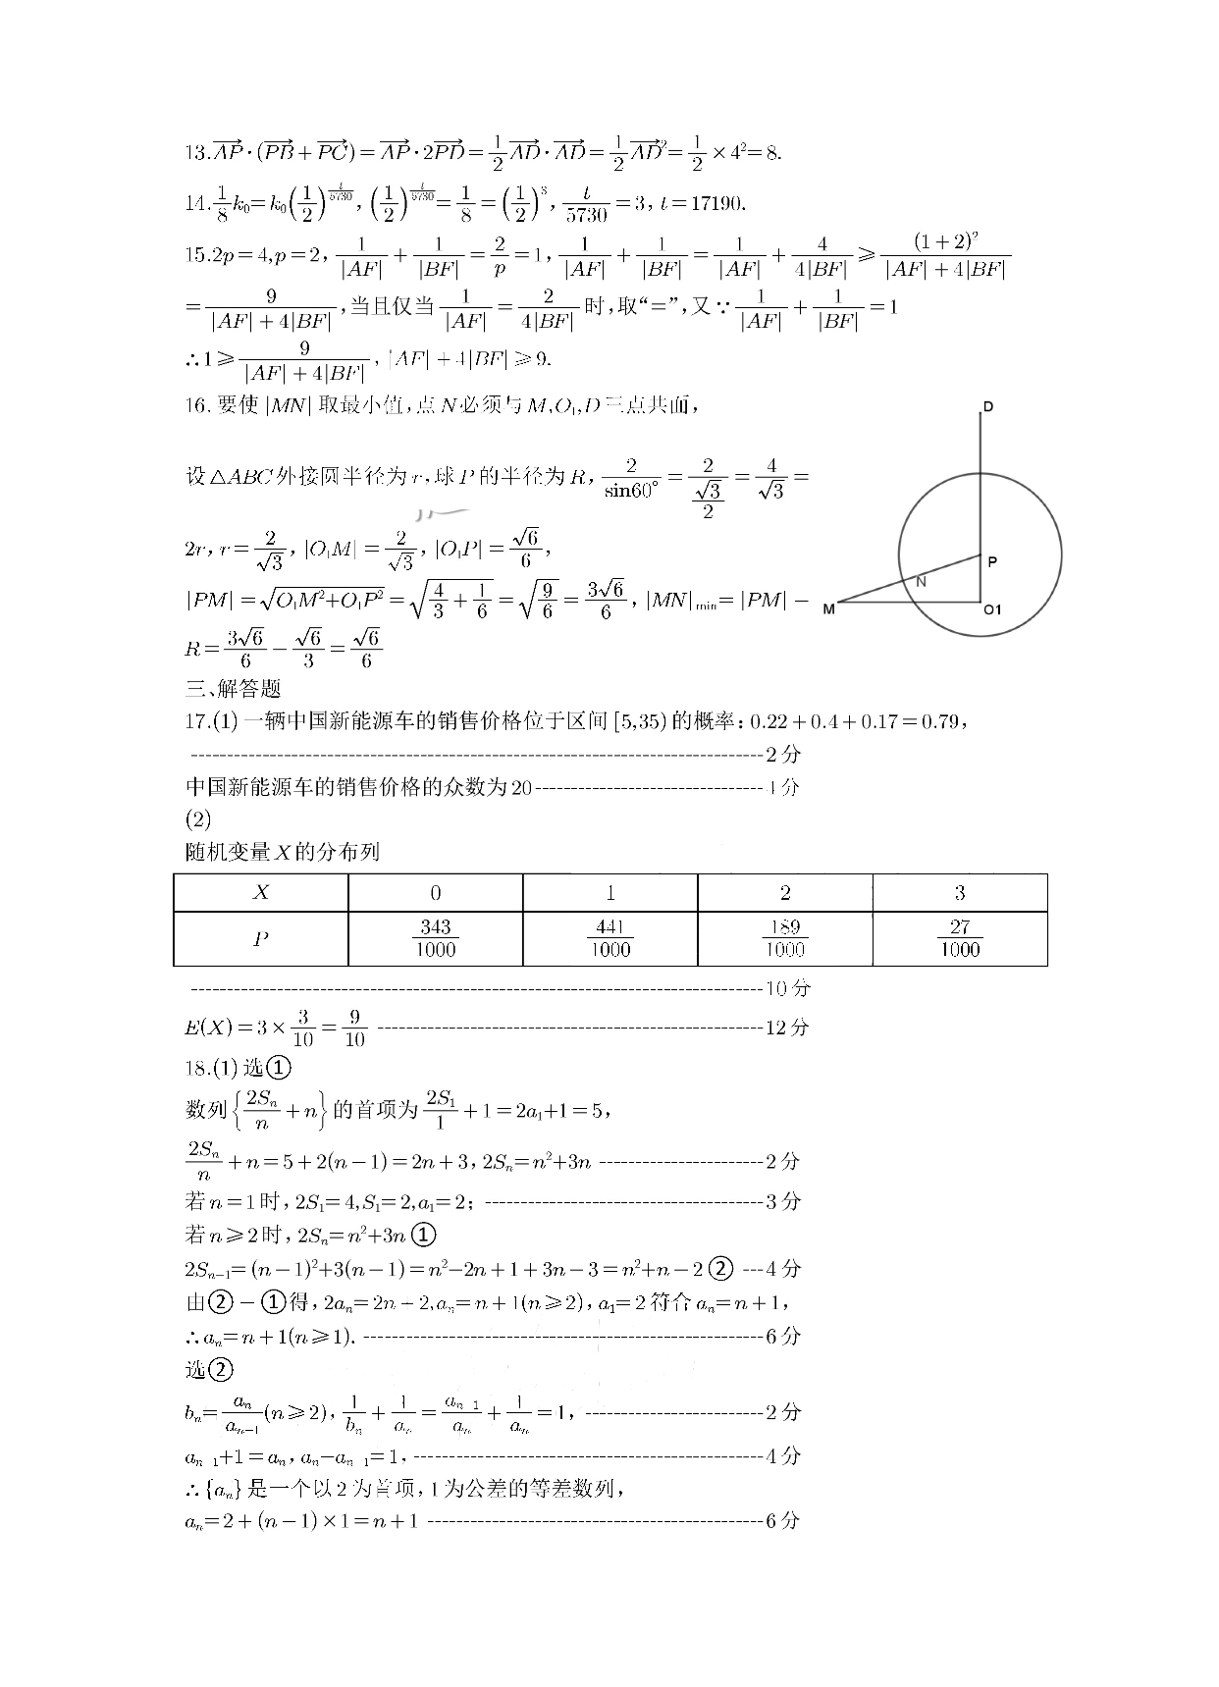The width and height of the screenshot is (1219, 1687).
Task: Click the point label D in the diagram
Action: pos(987,406)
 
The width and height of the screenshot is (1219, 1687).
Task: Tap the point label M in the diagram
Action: pos(828,609)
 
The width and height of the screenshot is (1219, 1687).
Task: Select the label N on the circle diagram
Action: pos(921,581)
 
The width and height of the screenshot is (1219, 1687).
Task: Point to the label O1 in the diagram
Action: pos(992,609)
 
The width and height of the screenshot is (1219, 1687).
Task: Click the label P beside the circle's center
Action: pos(992,562)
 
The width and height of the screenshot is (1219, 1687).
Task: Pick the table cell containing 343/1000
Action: pos(435,939)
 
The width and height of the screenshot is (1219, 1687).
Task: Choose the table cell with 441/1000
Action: pos(609,939)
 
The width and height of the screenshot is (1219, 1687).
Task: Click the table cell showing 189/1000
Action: pos(784,939)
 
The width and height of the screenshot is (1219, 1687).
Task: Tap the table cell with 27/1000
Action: pos(959,939)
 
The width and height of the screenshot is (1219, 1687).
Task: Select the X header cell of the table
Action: pos(261,893)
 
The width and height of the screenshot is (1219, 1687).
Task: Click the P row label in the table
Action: pos(261,939)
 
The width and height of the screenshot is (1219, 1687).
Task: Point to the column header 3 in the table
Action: pos(959,893)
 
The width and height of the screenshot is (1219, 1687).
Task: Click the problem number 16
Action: pos(197,405)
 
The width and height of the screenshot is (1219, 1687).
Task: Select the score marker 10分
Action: pos(787,988)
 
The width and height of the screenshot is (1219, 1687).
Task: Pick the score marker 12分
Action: pos(787,1028)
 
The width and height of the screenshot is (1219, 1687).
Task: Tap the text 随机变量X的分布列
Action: pos(283,852)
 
